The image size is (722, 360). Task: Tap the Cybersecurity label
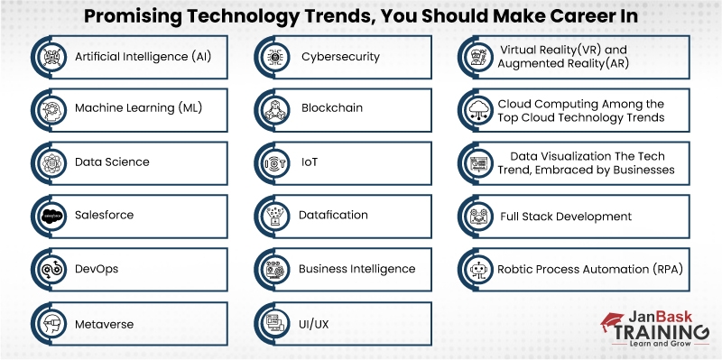click(340, 57)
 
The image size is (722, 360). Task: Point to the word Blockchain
click(331, 109)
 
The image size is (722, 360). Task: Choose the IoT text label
click(310, 162)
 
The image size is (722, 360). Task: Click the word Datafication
click(333, 216)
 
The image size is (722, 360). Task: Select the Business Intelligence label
click(356, 269)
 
